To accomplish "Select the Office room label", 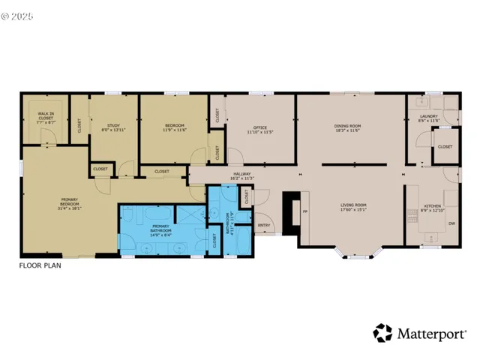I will [x=259, y=129].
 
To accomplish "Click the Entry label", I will [x=263, y=225].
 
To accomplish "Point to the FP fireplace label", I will [x=304, y=212].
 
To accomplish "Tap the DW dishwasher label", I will [x=451, y=224].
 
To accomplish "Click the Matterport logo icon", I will [x=382, y=332].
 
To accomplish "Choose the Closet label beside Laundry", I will [x=444, y=147].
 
